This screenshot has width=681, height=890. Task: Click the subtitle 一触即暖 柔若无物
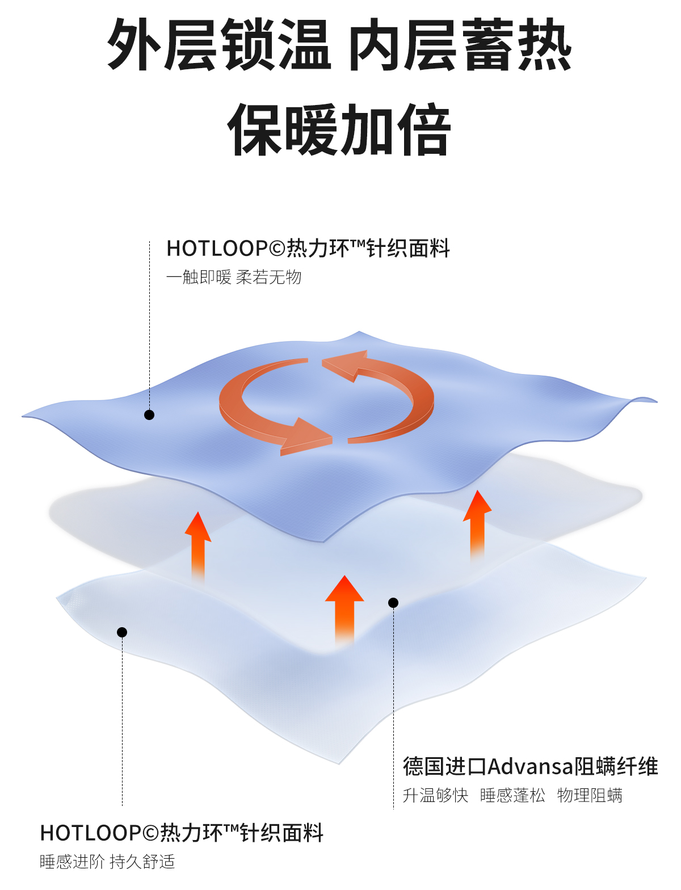234,278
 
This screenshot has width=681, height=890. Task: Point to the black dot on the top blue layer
149,415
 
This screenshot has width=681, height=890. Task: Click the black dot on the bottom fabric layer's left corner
122,632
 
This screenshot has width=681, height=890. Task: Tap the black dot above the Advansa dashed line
393,603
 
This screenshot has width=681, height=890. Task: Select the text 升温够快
435,796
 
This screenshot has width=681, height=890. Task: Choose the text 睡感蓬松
512,796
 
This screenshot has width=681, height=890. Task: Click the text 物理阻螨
590,796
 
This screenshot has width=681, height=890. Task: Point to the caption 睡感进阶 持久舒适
107,862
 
